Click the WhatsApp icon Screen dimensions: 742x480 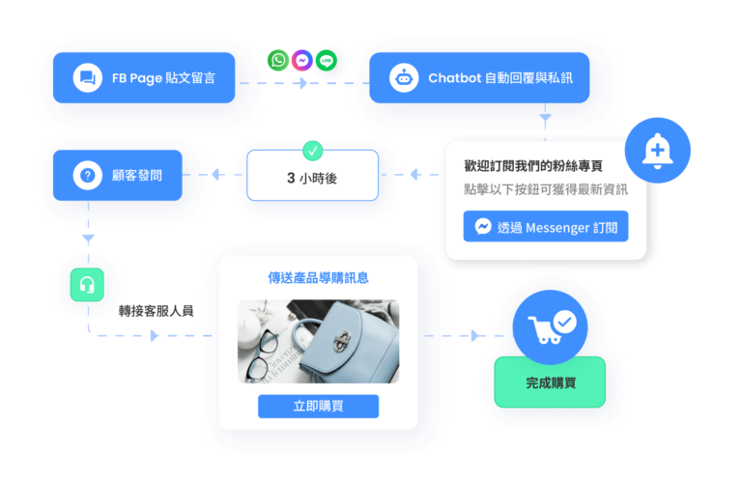278,61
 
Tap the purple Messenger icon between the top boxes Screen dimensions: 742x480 301,60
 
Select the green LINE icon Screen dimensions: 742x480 326,61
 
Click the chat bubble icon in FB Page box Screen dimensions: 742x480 88,77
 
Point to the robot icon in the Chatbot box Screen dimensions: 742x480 404,77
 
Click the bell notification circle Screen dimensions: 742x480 657,151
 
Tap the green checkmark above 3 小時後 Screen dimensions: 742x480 313,151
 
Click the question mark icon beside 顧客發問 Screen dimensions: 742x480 88,176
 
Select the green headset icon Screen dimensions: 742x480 87,285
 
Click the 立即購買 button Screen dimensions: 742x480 318,407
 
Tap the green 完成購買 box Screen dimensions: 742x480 550,383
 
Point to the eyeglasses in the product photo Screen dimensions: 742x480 262,353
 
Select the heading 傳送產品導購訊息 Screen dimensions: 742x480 318,278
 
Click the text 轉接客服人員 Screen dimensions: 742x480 156,311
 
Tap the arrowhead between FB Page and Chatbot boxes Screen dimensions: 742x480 302,83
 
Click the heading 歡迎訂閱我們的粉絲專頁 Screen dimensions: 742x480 533,166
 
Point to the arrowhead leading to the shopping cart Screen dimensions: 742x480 475,336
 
